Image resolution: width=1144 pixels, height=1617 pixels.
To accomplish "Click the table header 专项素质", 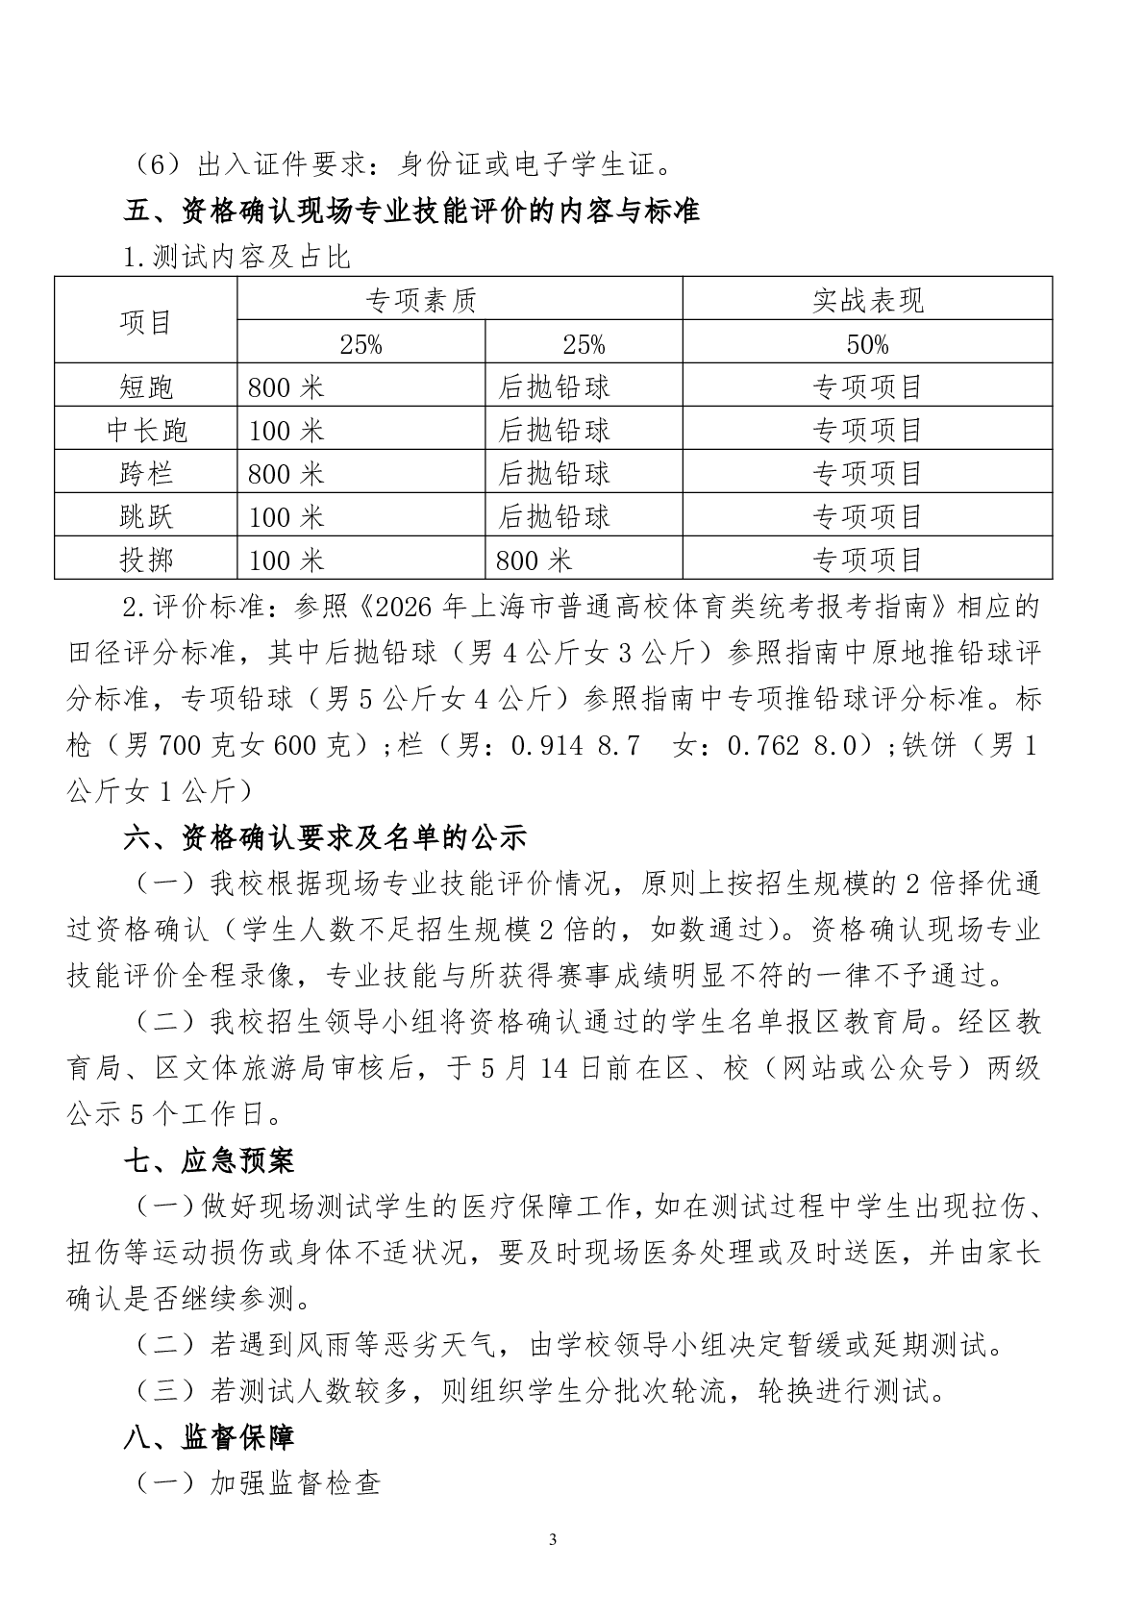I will pos(421,300).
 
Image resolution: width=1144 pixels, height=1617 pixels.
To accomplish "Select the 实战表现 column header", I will pos(867,300).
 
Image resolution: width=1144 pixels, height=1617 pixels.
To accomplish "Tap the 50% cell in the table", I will pos(867,344).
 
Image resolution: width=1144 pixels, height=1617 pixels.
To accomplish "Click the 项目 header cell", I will pos(146,322).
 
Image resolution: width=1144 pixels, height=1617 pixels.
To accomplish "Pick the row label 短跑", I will pos(146,386).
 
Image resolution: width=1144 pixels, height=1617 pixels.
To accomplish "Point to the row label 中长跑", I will pos(146,430).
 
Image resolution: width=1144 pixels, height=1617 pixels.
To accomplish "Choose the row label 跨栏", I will pos(146,473).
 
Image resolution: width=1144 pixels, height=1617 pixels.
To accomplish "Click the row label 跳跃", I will pos(146,516).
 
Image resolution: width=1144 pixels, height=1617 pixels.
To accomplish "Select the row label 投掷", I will pos(146,560).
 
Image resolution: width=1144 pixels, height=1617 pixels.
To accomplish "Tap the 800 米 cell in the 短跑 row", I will pos(286,386).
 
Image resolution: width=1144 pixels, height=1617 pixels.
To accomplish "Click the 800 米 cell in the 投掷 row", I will pos(534,560).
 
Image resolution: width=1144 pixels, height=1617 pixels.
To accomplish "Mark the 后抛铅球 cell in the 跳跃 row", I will pos(554,516).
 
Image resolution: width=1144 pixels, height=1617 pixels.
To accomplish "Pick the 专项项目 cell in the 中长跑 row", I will pos(867,430).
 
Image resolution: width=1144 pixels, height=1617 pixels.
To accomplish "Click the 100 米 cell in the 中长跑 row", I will pos(286,430).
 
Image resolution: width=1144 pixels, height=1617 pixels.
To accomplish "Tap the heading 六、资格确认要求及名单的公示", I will pos(325,837).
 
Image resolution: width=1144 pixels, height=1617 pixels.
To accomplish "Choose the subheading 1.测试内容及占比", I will pos(236,257).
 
